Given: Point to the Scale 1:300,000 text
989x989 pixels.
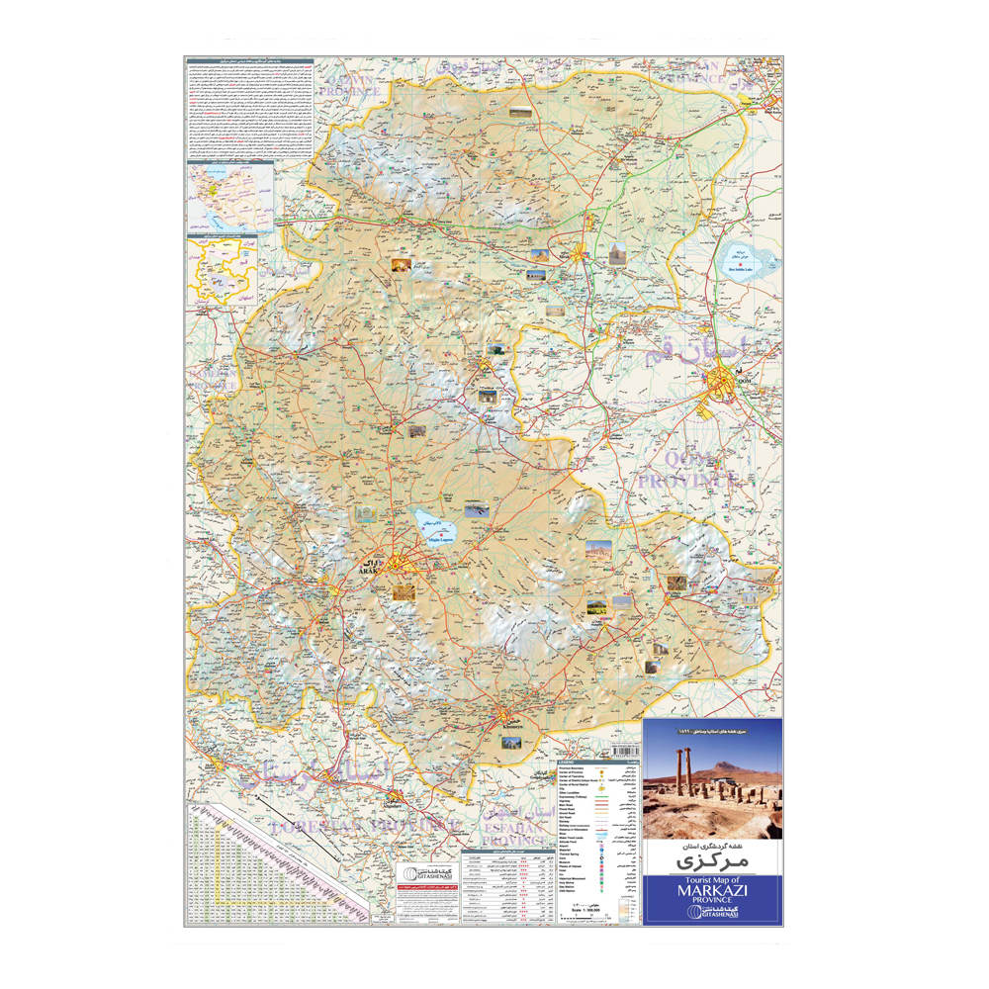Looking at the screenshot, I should tap(590, 909).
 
